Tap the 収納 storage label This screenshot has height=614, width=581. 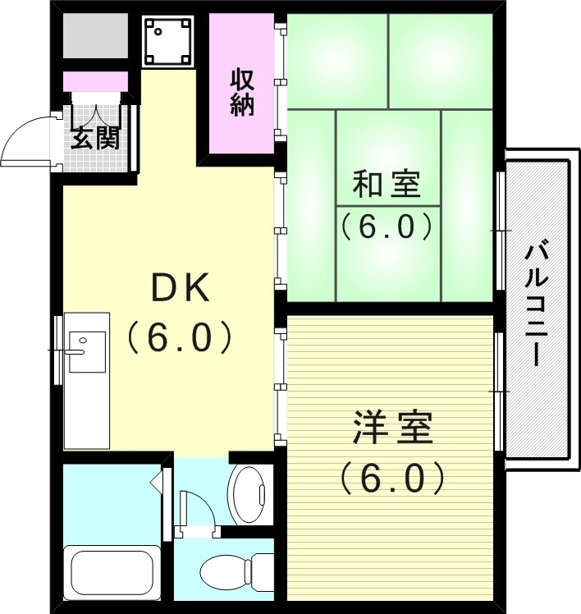pyautogui.click(x=241, y=92)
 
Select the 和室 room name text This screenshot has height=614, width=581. pyautogui.click(x=387, y=185)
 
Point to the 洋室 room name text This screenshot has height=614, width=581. pyautogui.click(x=392, y=429)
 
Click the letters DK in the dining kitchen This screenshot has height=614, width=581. pyautogui.click(x=181, y=288)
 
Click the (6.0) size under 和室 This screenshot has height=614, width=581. pyautogui.click(x=387, y=226)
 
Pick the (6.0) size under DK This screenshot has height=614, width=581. pyautogui.click(x=181, y=337)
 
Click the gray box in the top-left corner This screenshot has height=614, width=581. pyautogui.click(x=96, y=35)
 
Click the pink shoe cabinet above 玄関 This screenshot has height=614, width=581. pyautogui.click(x=96, y=81)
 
